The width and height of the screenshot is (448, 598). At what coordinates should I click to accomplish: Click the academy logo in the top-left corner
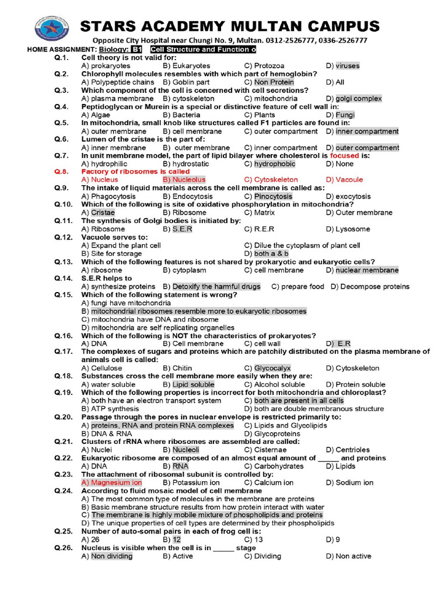[x=50, y=29]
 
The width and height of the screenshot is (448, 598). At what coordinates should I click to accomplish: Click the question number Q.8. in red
[x=62, y=172]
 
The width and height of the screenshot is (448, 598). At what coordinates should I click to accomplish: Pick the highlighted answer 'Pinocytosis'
[x=273, y=197]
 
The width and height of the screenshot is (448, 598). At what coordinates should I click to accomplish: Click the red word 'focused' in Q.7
[x=345, y=156]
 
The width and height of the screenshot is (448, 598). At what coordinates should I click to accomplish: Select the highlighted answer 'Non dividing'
[x=111, y=557]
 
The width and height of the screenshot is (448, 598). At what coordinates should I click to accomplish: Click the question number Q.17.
[x=64, y=352]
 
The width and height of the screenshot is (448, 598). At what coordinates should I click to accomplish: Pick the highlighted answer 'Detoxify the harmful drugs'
[x=216, y=287]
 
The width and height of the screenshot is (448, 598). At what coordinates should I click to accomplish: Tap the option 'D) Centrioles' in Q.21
[x=348, y=450]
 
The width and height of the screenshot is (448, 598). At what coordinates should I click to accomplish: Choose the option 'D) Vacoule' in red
[x=344, y=180]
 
